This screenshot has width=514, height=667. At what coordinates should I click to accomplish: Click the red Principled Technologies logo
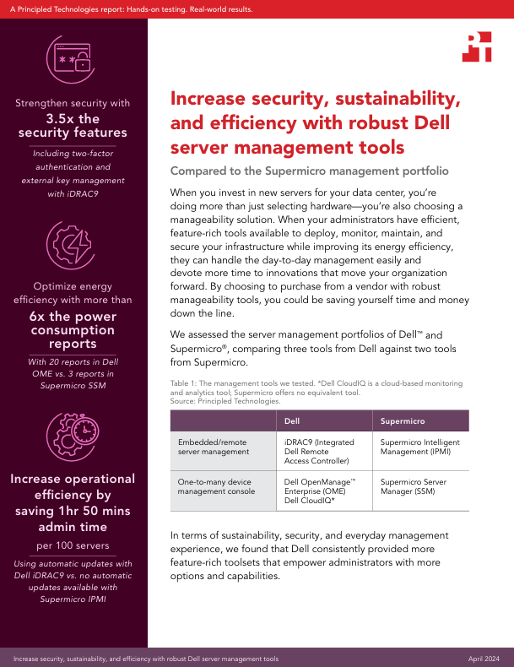(477, 48)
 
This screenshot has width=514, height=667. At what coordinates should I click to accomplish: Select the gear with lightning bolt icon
(73, 245)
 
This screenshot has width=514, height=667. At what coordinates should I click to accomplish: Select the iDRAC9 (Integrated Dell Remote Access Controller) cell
(317, 452)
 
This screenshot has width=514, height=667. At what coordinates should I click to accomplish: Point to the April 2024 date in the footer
(487, 658)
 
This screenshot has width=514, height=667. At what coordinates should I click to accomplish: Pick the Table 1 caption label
(187, 382)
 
